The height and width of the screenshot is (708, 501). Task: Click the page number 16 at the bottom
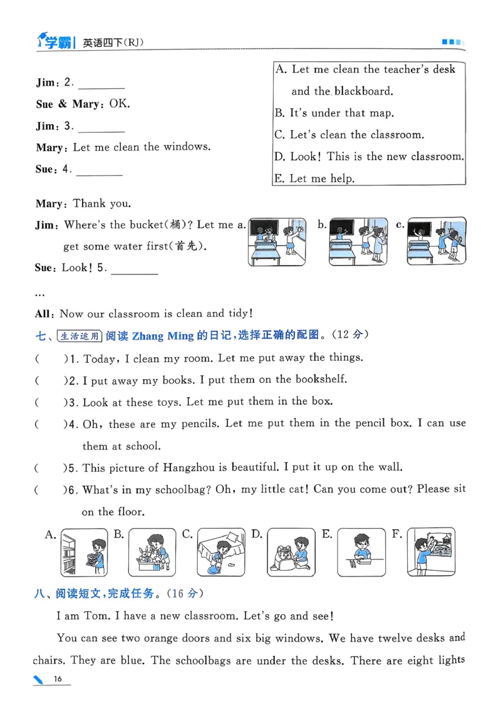(58, 679)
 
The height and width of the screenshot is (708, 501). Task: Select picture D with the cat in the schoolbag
(289, 551)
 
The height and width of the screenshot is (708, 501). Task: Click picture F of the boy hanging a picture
(430, 551)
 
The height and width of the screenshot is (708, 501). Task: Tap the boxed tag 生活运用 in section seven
(79, 336)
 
